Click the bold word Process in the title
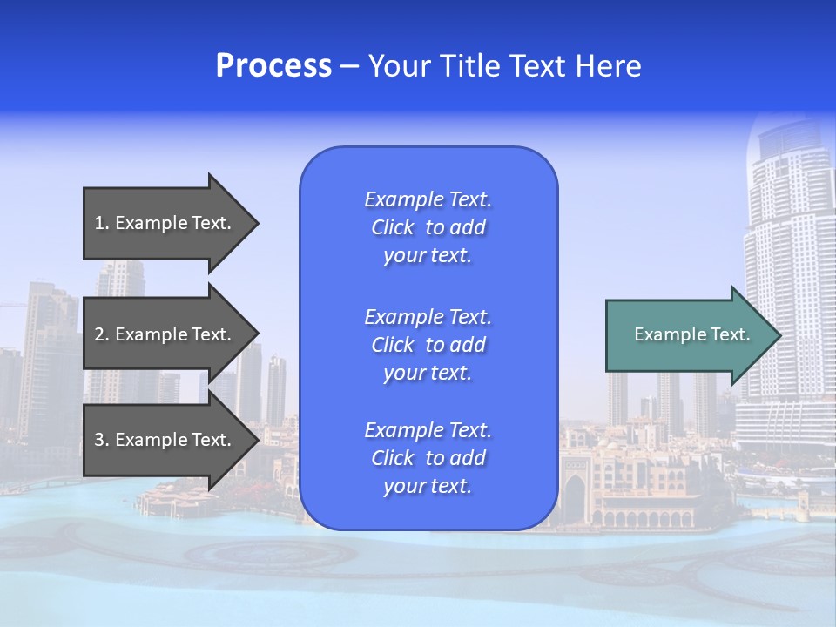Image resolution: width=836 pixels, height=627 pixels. click(273, 66)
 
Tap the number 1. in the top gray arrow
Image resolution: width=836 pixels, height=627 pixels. click(102, 223)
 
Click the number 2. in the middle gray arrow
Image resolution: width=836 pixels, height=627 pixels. click(102, 334)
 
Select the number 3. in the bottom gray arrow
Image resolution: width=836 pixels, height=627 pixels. click(102, 440)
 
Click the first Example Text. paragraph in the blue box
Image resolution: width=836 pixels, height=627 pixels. click(428, 227)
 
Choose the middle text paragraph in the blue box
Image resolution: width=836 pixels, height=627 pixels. click(428, 345)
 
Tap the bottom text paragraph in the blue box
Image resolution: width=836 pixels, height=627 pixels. click(428, 458)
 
